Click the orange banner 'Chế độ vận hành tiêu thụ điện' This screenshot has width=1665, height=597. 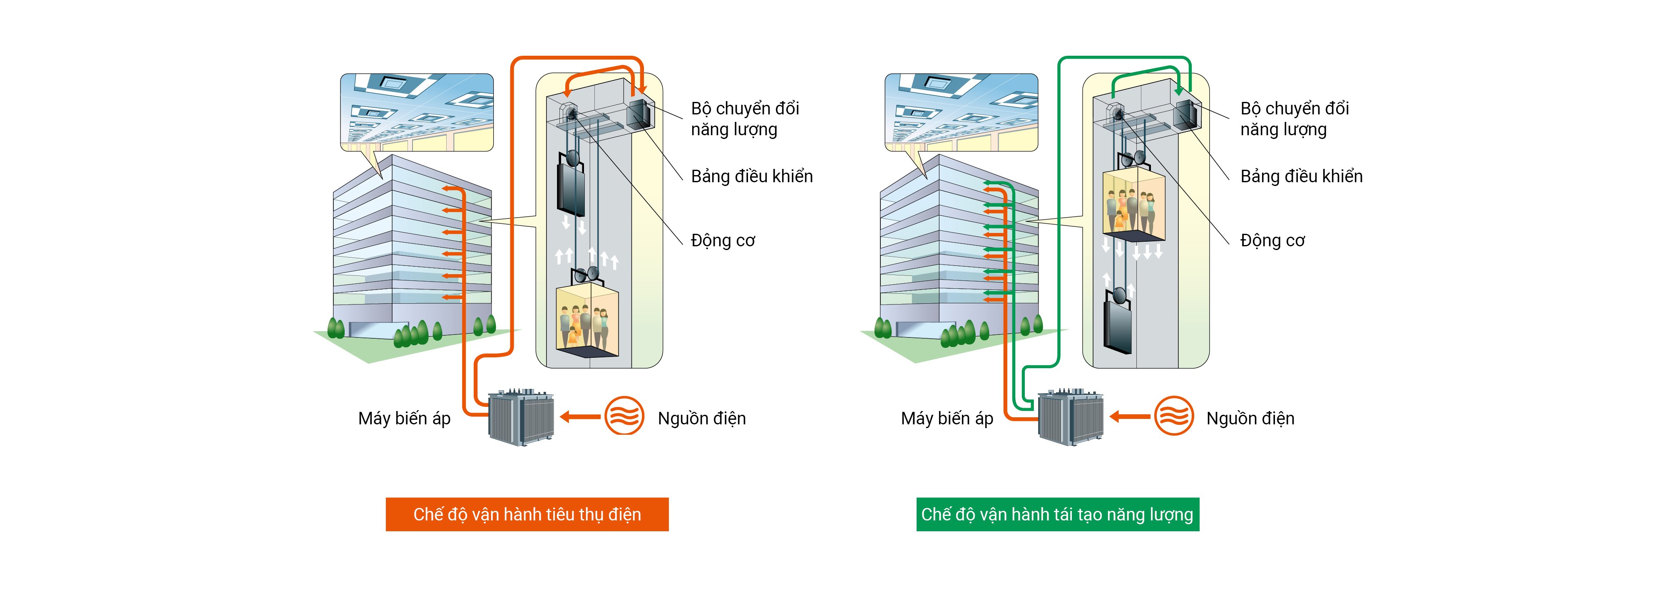[x=527, y=514]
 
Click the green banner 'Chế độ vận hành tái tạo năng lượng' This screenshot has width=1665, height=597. [x=1057, y=514]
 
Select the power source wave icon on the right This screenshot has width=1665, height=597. [x=1174, y=416]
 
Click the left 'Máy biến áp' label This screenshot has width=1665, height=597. [x=404, y=419]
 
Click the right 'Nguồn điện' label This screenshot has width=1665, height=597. [x=1250, y=419]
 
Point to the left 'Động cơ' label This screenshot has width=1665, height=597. [x=723, y=240]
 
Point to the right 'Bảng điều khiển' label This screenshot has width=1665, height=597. [x=1301, y=176]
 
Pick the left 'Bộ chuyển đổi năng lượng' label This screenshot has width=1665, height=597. [x=745, y=119]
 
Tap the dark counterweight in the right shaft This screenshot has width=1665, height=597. [x=1118, y=326]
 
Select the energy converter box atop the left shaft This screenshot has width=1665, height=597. [x=640, y=115]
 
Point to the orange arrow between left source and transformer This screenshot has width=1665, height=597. [x=580, y=417]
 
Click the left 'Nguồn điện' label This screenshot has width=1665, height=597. [x=701, y=419]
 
